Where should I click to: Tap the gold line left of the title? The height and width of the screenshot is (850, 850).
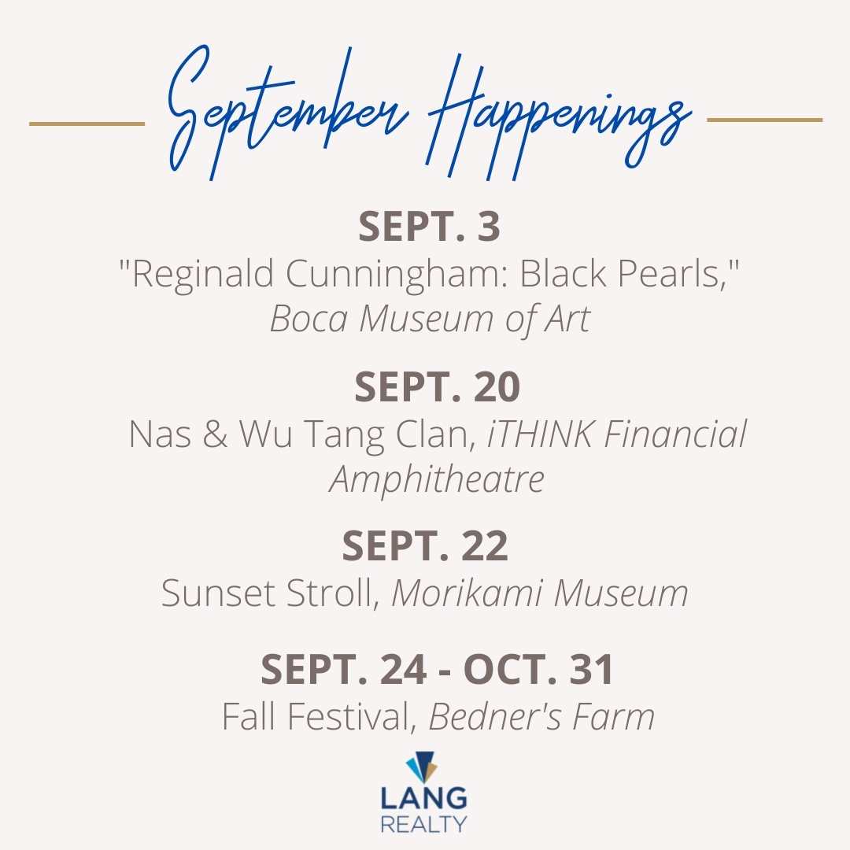click(87, 124)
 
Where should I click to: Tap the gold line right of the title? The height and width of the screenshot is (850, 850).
click(765, 120)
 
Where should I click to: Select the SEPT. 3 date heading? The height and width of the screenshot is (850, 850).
click(429, 226)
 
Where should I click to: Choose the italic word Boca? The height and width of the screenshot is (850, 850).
click(309, 319)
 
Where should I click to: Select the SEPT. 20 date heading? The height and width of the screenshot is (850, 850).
click(437, 386)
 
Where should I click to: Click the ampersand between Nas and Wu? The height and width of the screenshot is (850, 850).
click(215, 434)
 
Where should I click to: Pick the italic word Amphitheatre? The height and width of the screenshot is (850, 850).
click(437, 480)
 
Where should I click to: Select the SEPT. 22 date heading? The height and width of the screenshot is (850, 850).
click(425, 546)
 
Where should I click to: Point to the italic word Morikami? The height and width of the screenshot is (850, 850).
click(467, 593)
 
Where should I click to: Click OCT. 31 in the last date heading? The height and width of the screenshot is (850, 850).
click(539, 670)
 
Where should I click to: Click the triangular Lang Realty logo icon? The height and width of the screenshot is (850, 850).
click(423, 766)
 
